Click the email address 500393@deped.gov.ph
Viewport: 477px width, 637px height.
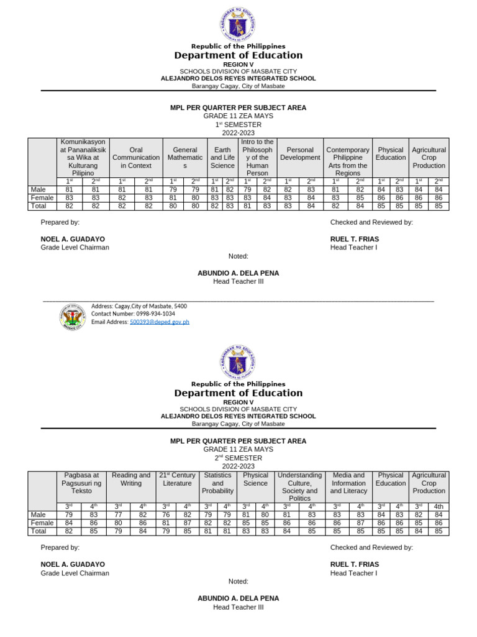pos(159,322)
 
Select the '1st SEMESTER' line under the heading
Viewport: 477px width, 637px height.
pos(238,124)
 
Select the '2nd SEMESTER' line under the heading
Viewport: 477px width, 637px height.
pos(238,458)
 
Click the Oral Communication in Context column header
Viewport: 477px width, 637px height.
pos(135,158)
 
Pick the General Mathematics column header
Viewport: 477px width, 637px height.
pos(184,158)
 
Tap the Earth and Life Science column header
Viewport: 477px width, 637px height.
pos(222,158)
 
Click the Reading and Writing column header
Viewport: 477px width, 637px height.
pos(131,479)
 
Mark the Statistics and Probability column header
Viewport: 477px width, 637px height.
pos(217,483)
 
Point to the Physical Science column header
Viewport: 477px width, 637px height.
pos(256,479)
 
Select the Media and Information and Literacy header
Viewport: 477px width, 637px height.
pos(348,483)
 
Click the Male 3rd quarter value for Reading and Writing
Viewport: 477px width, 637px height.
pos(118,514)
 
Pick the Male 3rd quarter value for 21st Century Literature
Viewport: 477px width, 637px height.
pos(166,514)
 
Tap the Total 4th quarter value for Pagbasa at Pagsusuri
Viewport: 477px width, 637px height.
pos(93,531)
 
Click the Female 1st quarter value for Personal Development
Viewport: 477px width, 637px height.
pos(288,198)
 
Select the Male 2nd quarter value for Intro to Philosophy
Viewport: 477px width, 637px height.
pos(266,189)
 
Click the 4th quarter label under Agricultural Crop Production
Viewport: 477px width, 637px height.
pos(438,506)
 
